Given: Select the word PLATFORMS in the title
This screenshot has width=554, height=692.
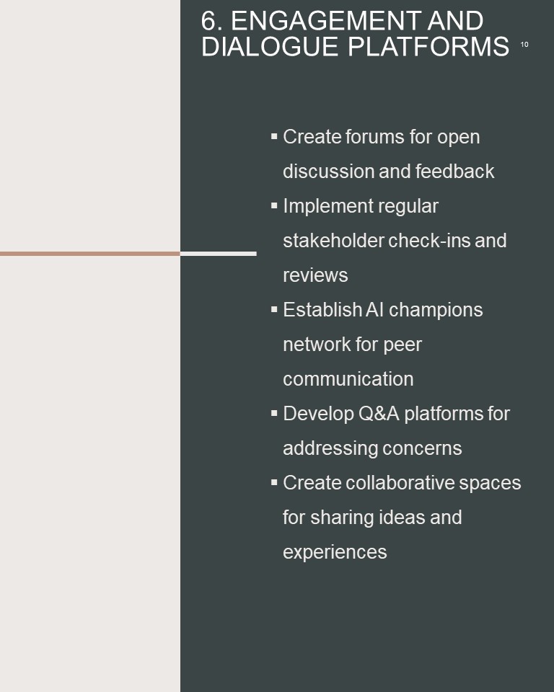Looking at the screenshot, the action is tap(428, 46).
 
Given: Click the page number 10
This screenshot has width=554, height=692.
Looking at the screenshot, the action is tap(524, 45).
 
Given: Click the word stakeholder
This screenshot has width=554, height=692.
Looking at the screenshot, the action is tap(333, 241).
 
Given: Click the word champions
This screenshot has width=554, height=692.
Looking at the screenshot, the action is tap(436, 310).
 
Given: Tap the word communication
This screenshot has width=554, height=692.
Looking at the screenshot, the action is tap(348, 379).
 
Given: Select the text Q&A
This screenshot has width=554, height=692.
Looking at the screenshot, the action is tap(379, 414).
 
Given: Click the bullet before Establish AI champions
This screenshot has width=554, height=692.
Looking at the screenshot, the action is tap(274, 309).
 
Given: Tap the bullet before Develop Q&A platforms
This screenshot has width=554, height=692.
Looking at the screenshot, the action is tap(274, 413).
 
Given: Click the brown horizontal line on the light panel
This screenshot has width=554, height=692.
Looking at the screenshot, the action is tap(90, 254).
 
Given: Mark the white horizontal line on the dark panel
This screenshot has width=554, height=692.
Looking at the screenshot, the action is tap(219, 254).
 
